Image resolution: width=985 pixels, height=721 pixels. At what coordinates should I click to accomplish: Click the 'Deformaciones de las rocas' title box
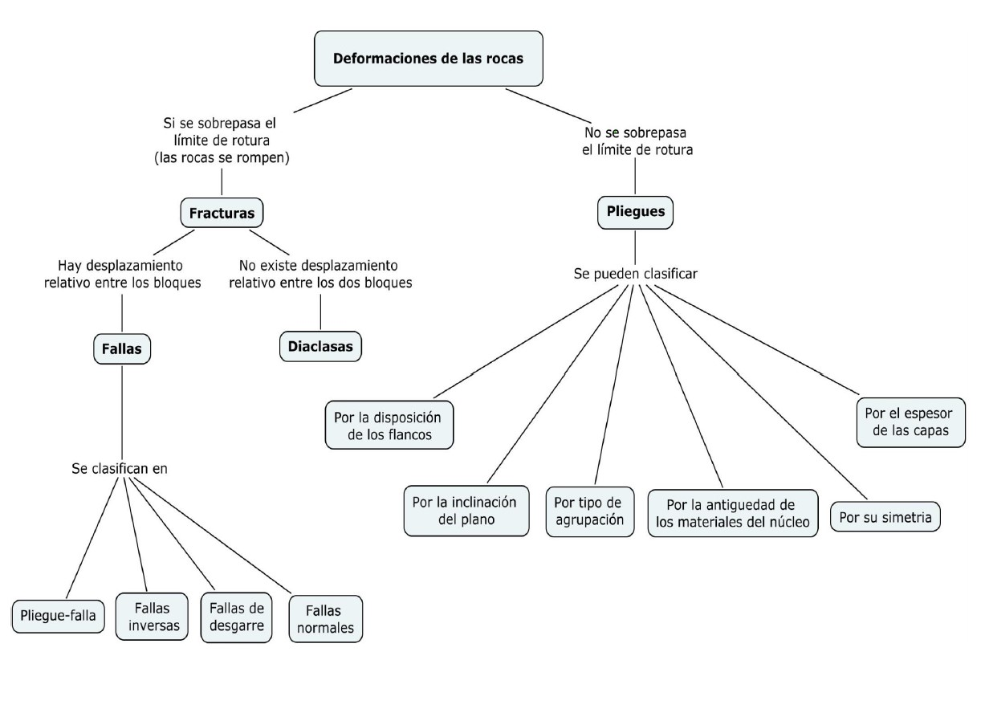(x=428, y=59)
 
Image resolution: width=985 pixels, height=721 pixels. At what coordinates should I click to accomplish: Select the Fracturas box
(x=222, y=214)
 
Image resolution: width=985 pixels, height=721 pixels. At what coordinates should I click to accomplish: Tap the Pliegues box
(x=635, y=213)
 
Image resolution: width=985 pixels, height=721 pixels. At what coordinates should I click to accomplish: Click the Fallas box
(x=122, y=348)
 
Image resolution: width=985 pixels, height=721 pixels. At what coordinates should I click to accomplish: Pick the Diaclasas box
(x=321, y=346)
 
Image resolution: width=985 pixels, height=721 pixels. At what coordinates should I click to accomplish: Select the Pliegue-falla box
(x=59, y=617)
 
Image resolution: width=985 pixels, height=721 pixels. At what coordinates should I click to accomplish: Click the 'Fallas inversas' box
(x=152, y=617)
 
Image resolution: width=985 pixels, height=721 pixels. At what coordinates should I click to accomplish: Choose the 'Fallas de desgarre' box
(x=236, y=617)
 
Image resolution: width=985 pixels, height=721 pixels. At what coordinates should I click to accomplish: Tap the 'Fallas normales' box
(x=325, y=618)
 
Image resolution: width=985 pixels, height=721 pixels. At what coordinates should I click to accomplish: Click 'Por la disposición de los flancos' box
(x=389, y=425)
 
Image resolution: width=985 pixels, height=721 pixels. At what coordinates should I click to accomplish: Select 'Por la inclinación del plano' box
(x=466, y=511)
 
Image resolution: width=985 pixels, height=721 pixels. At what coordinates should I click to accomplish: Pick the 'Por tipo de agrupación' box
(x=589, y=511)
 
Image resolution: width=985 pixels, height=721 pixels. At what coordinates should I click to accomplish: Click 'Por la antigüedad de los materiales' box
(x=732, y=514)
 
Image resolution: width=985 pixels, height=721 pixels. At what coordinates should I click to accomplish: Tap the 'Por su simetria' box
(x=885, y=517)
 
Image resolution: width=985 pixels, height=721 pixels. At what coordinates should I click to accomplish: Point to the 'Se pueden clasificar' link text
(x=635, y=274)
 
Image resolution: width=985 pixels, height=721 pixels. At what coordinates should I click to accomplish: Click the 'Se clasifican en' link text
(x=120, y=468)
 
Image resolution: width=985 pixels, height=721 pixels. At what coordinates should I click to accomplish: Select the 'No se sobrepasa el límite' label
(x=637, y=141)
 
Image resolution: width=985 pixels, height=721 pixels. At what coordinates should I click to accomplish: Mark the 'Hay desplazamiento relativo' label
(x=122, y=274)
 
